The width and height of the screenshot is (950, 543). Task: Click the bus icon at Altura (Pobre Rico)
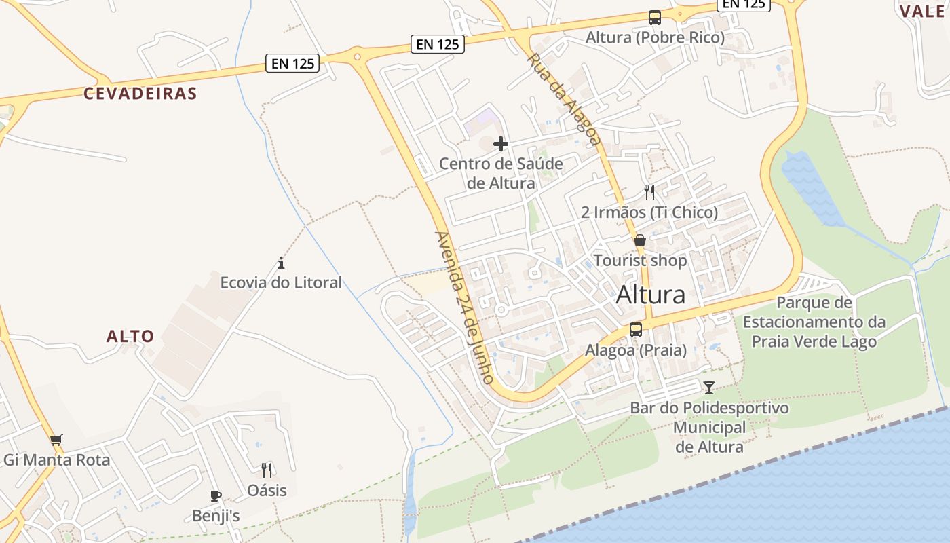[x=655, y=18]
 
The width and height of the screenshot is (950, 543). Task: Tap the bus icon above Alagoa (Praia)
[x=636, y=330]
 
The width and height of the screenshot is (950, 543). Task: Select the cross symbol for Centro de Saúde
[x=501, y=144]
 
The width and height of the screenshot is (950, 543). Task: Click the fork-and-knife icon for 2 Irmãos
[x=649, y=192]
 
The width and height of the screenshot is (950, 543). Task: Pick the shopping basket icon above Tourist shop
[x=640, y=240]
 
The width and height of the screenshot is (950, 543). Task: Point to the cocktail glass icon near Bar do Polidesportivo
[x=709, y=388]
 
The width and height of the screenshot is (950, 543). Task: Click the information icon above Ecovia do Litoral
[x=281, y=263]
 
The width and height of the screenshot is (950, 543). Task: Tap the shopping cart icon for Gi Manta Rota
[x=56, y=440]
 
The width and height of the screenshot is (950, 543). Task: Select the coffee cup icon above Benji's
[x=216, y=496]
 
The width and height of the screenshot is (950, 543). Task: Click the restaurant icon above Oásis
[x=267, y=470]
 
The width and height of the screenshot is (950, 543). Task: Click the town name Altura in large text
[x=651, y=295]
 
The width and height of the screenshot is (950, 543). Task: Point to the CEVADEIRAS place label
[x=140, y=94]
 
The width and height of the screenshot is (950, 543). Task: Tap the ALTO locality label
[x=130, y=336]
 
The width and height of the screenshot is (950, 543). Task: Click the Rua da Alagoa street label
[x=564, y=99]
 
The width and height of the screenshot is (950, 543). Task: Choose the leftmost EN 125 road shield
[x=293, y=64]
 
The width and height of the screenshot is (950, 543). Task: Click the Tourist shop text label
[x=640, y=261]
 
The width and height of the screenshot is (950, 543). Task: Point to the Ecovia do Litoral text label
[x=281, y=282]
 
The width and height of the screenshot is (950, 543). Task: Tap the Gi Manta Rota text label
[x=56, y=460]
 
